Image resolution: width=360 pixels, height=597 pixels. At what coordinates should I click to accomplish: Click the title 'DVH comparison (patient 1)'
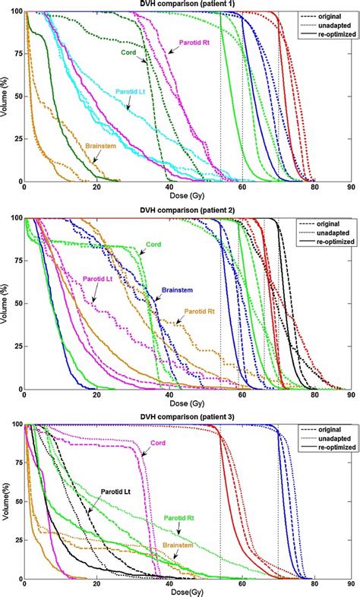[186, 5]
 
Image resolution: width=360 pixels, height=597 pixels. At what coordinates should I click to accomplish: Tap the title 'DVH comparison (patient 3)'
[186, 417]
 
